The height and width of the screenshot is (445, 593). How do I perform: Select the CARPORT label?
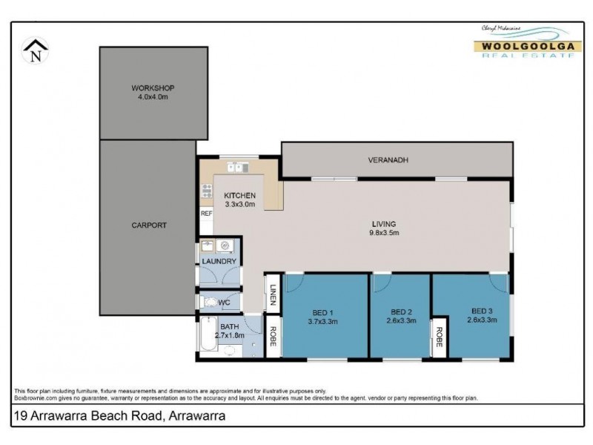pyautogui.click(x=149, y=225)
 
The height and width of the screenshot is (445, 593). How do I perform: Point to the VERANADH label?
pyautogui.click(x=388, y=159)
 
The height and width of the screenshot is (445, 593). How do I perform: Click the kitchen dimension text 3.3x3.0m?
pyautogui.click(x=239, y=205)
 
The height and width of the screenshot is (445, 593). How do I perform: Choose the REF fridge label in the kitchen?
pyautogui.click(x=206, y=214)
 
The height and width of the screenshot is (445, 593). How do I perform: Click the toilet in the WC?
pyautogui.click(x=210, y=303)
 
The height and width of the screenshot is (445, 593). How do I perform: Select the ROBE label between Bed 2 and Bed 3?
pyautogui.click(x=440, y=337)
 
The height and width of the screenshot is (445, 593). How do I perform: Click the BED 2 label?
pyautogui.click(x=401, y=311)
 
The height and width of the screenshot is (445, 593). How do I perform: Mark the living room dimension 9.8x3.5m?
pyautogui.click(x=385, y=233)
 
